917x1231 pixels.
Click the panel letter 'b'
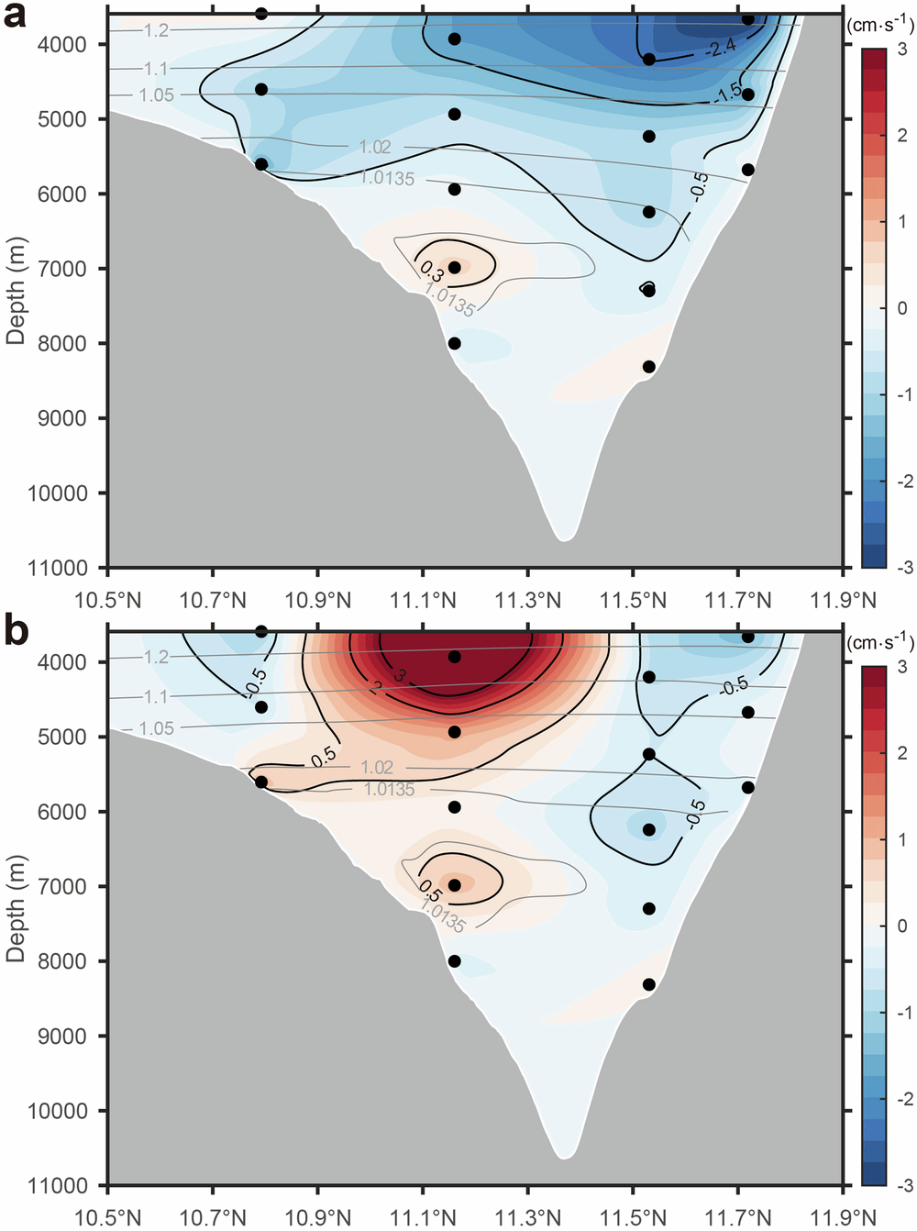tap(16, 632)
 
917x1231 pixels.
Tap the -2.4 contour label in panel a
tap(720, 47)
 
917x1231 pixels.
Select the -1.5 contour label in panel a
tap(731, 92)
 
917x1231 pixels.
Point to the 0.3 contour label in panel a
tap(432, 270)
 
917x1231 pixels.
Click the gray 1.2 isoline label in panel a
tap(156, 30)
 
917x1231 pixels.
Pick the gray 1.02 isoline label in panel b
tap(376, 767)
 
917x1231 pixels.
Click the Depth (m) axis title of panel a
tap(16, 290)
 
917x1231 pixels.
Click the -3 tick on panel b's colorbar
tap(903, 1185)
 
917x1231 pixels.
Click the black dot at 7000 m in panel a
tap(455, 267)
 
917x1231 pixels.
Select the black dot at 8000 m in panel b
tap(455, 961)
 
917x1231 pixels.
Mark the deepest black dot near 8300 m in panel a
tap(648, 366)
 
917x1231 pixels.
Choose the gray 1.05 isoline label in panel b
tap(156, 727)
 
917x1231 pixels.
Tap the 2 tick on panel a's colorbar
tap(902, 136)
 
